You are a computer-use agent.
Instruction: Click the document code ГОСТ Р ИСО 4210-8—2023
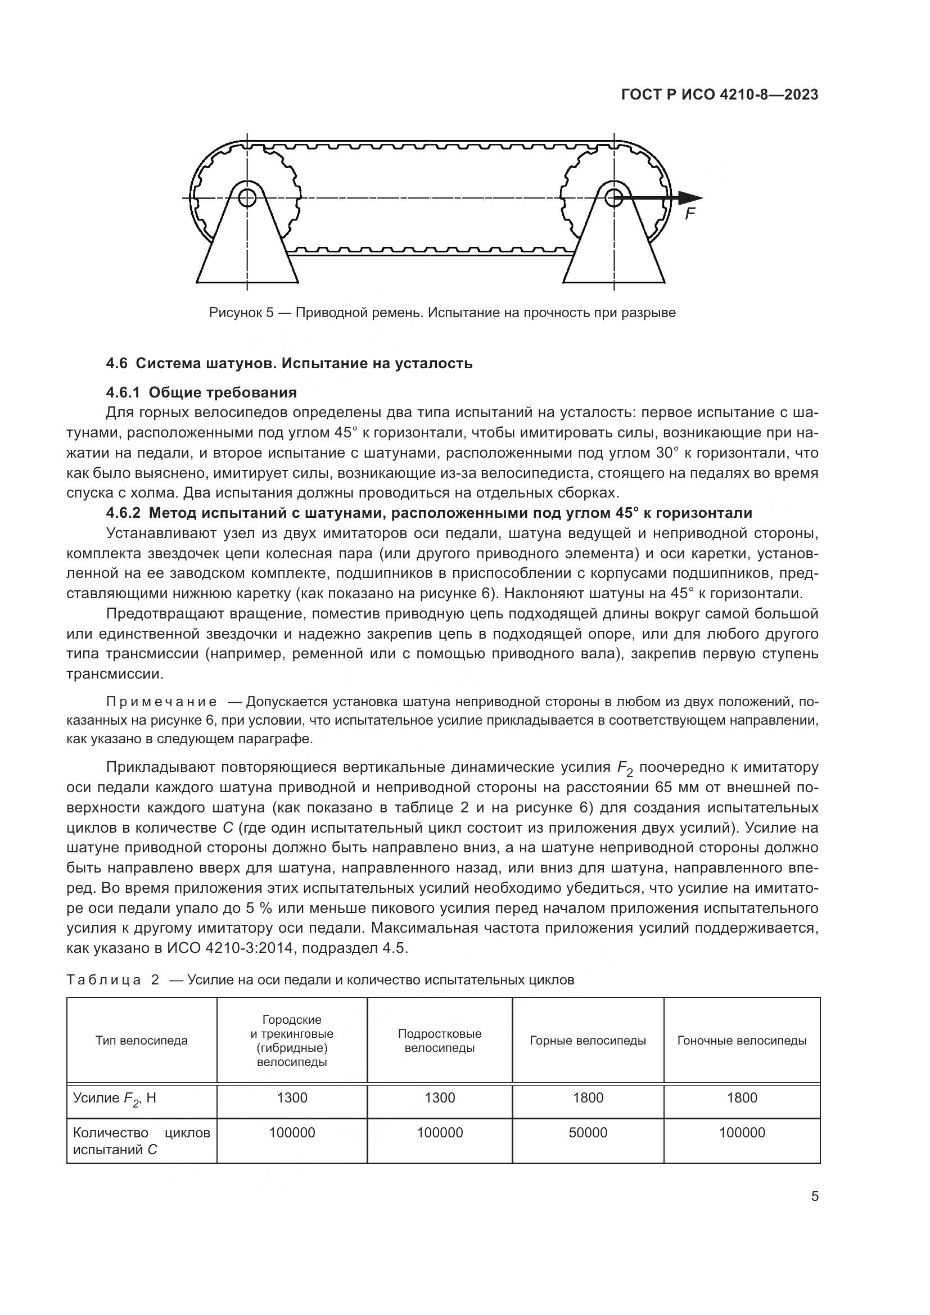pyautogui.click(x=719, y=95)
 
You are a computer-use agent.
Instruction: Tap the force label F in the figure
pyautogui.click(x=690, y=215)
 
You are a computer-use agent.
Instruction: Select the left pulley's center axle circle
pyautogui.click(x=247, y=198)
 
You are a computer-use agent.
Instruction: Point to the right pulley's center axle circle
pyautogui.click(x=613, y=198)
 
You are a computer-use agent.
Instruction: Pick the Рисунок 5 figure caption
pyautogui.click(x=442, y=313)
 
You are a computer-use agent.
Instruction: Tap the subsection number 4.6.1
pyautogui.click(x=123, y=392)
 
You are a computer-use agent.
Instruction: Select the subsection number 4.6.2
pyautogui.click(x=123, y=513)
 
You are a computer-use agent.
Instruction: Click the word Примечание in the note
pyautogui.click(x=162, y=702)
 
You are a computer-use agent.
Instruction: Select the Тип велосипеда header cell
pyautogui.click(x=142, y=1041)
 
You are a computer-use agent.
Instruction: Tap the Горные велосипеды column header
pyautogui.click(x=588, y=1041)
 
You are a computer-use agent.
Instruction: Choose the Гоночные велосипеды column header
pyautogui.click(x=742, y=1041)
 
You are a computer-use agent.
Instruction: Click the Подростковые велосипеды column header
pyautogui.click(x=439, y=1041)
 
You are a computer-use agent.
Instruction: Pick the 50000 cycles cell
pyautogui.click(x=588, y=1132)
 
